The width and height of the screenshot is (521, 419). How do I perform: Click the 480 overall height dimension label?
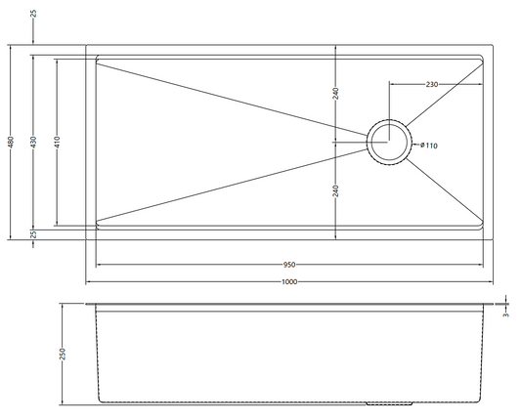coord(11,142)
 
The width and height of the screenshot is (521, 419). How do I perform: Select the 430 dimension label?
coord(33,142)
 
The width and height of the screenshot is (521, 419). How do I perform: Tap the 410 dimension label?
coord(57,142)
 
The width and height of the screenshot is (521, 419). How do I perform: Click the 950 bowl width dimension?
coord(289,265)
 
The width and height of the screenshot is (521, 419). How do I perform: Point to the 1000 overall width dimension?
coord(289,282)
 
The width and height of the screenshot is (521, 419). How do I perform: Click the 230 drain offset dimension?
coord(432,84)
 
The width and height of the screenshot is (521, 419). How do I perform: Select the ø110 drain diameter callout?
coord(429,146)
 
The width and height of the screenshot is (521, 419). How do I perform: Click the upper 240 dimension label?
coord(335,94)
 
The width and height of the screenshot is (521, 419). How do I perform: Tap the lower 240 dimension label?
coord(335,190)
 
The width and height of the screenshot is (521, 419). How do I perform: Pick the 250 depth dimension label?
coord(63,354)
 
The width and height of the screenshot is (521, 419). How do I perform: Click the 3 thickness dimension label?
coord(505,314)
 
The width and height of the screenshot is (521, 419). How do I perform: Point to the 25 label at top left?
coord(33,14)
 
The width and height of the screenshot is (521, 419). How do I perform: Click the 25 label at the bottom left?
coord(33,234)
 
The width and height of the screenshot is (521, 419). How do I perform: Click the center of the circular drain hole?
coord(389,142)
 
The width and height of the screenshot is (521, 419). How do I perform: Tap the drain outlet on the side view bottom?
coord(389,403)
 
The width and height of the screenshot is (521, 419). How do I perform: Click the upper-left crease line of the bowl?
coord(232,100)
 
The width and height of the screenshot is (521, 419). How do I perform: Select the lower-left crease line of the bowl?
coord(232,185)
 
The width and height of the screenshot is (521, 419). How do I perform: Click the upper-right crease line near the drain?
coord(444,95)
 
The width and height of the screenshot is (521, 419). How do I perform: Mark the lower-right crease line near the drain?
coord(444,189)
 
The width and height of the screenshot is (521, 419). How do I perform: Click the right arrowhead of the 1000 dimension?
coord(491,282)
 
